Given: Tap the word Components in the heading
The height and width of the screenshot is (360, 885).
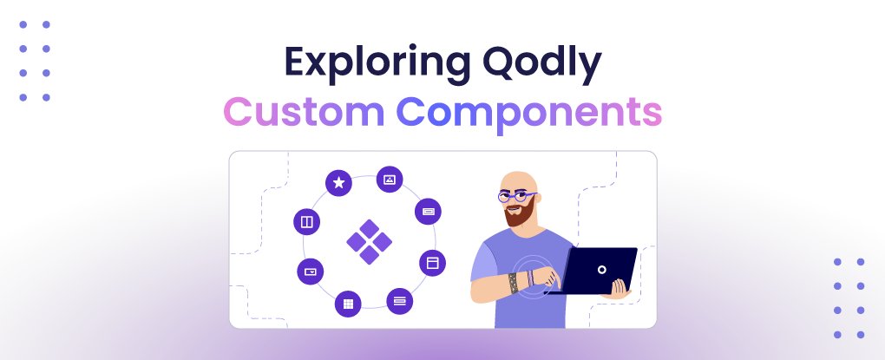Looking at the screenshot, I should point(529,114).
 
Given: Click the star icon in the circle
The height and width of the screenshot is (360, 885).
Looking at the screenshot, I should point(338,183).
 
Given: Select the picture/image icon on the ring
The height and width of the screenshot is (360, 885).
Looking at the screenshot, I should point(390,180).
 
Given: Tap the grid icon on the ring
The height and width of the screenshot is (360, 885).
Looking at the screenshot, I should point(348,303).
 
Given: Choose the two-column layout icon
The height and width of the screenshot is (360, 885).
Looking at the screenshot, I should point(307,222).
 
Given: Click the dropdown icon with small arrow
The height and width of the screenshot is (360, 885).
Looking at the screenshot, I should point(310,272).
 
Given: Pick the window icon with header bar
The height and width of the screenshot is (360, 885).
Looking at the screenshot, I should point(432,262).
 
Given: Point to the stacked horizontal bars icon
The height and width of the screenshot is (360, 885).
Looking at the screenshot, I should point(399,301).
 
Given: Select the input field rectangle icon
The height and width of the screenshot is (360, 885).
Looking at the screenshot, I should point(429,211).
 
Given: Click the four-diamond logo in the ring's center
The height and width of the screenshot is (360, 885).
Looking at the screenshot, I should point(369,240).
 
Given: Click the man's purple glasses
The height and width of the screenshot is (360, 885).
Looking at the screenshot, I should point(517,197).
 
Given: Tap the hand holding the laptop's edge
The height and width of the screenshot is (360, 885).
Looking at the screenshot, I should point(619,286).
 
